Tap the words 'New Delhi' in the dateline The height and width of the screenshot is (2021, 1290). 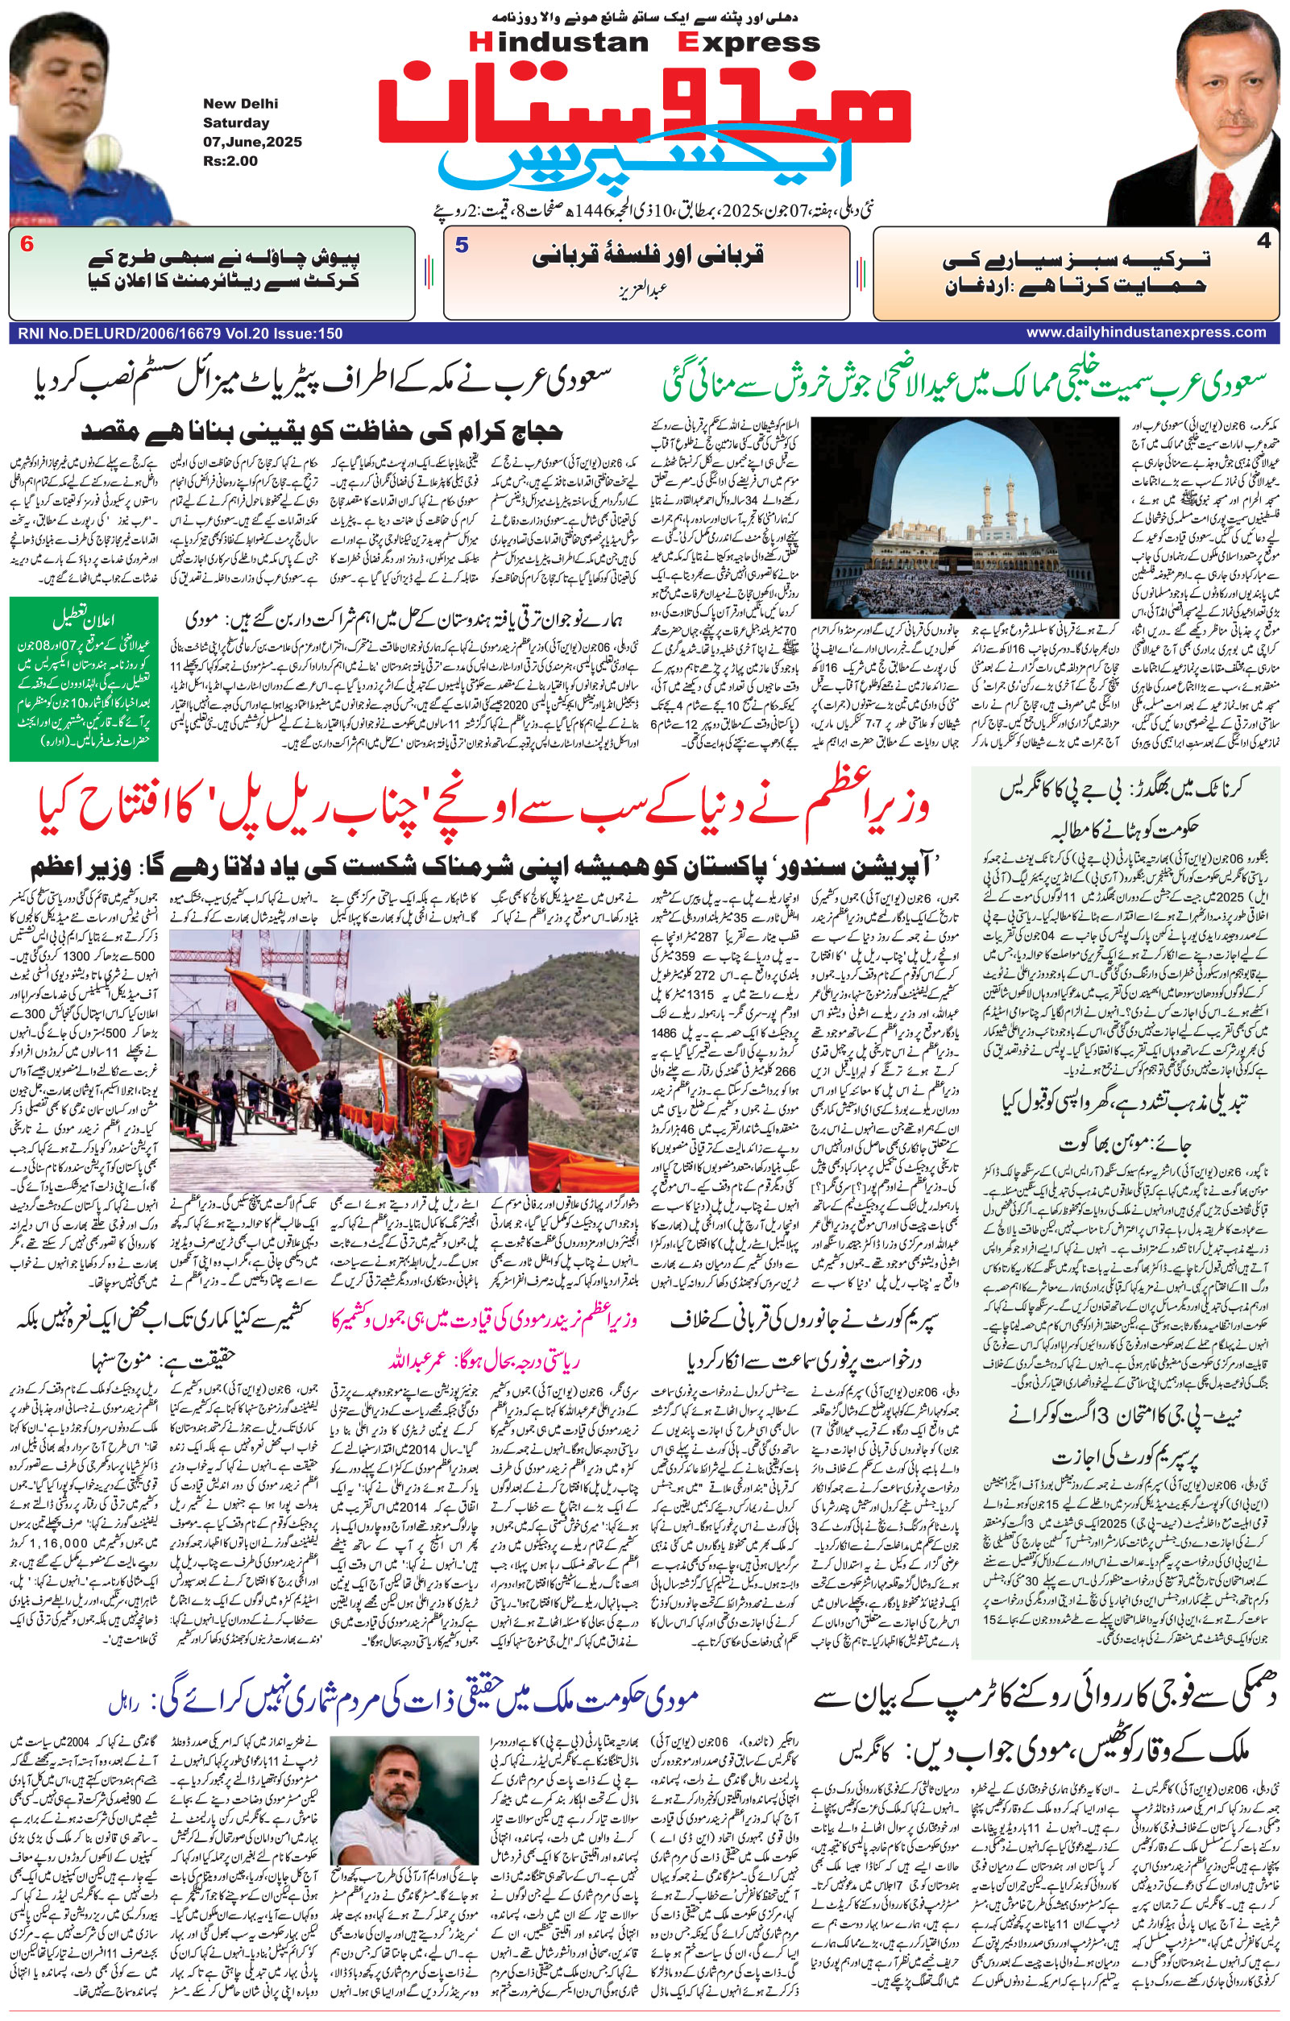(240, 104)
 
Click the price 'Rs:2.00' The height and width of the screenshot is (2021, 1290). (230, 161)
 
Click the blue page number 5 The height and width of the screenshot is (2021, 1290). (462, 245)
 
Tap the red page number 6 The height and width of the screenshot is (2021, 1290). (27, 245)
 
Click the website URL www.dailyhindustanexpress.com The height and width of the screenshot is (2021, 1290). (1146, 333)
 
